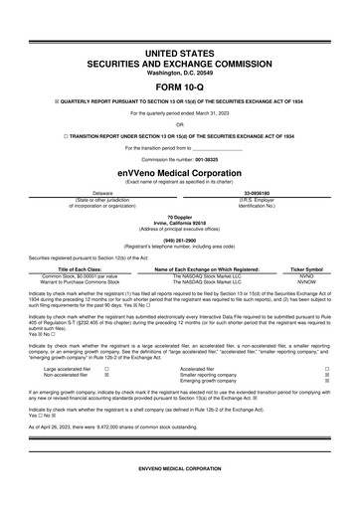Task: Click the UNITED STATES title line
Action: [x=180, y=50]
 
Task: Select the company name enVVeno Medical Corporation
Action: [x=180, y=170]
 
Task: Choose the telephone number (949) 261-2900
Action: [x=180, y=239]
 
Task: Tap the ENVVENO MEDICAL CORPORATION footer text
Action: [x=180, y=494]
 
